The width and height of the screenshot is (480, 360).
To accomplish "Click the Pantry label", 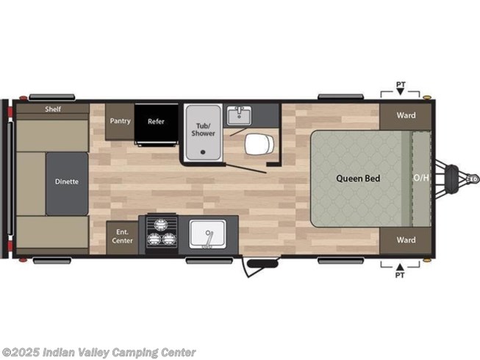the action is tap(121, 121).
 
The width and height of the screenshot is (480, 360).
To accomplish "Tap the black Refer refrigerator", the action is tap(157, 123).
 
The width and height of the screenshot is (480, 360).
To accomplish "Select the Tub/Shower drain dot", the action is tap(202, 152).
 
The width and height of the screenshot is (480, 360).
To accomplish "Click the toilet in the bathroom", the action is tap(259, 144).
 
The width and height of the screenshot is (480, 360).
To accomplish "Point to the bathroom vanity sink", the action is tap(239, 115).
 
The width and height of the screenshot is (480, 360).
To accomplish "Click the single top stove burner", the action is tap(161, 225).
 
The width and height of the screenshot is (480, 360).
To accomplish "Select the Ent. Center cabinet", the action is tap(122, 237).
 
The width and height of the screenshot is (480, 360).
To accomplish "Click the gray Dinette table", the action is tap(67, 184).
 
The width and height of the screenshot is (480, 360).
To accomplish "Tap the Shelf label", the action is tap(53, 109).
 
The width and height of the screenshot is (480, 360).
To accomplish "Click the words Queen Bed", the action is tap(358, 179).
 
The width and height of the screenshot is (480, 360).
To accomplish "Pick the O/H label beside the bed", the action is tap(421, 178).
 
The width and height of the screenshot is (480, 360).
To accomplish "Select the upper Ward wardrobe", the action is tap(406, 116).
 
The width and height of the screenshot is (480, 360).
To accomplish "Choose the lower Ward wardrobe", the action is tap(406, 240).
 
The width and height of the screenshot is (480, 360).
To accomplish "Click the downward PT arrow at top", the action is tap(401, 91).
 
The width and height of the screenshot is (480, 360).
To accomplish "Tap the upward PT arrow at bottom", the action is tap(400, 267).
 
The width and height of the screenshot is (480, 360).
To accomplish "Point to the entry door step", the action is tap(262, 263).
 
